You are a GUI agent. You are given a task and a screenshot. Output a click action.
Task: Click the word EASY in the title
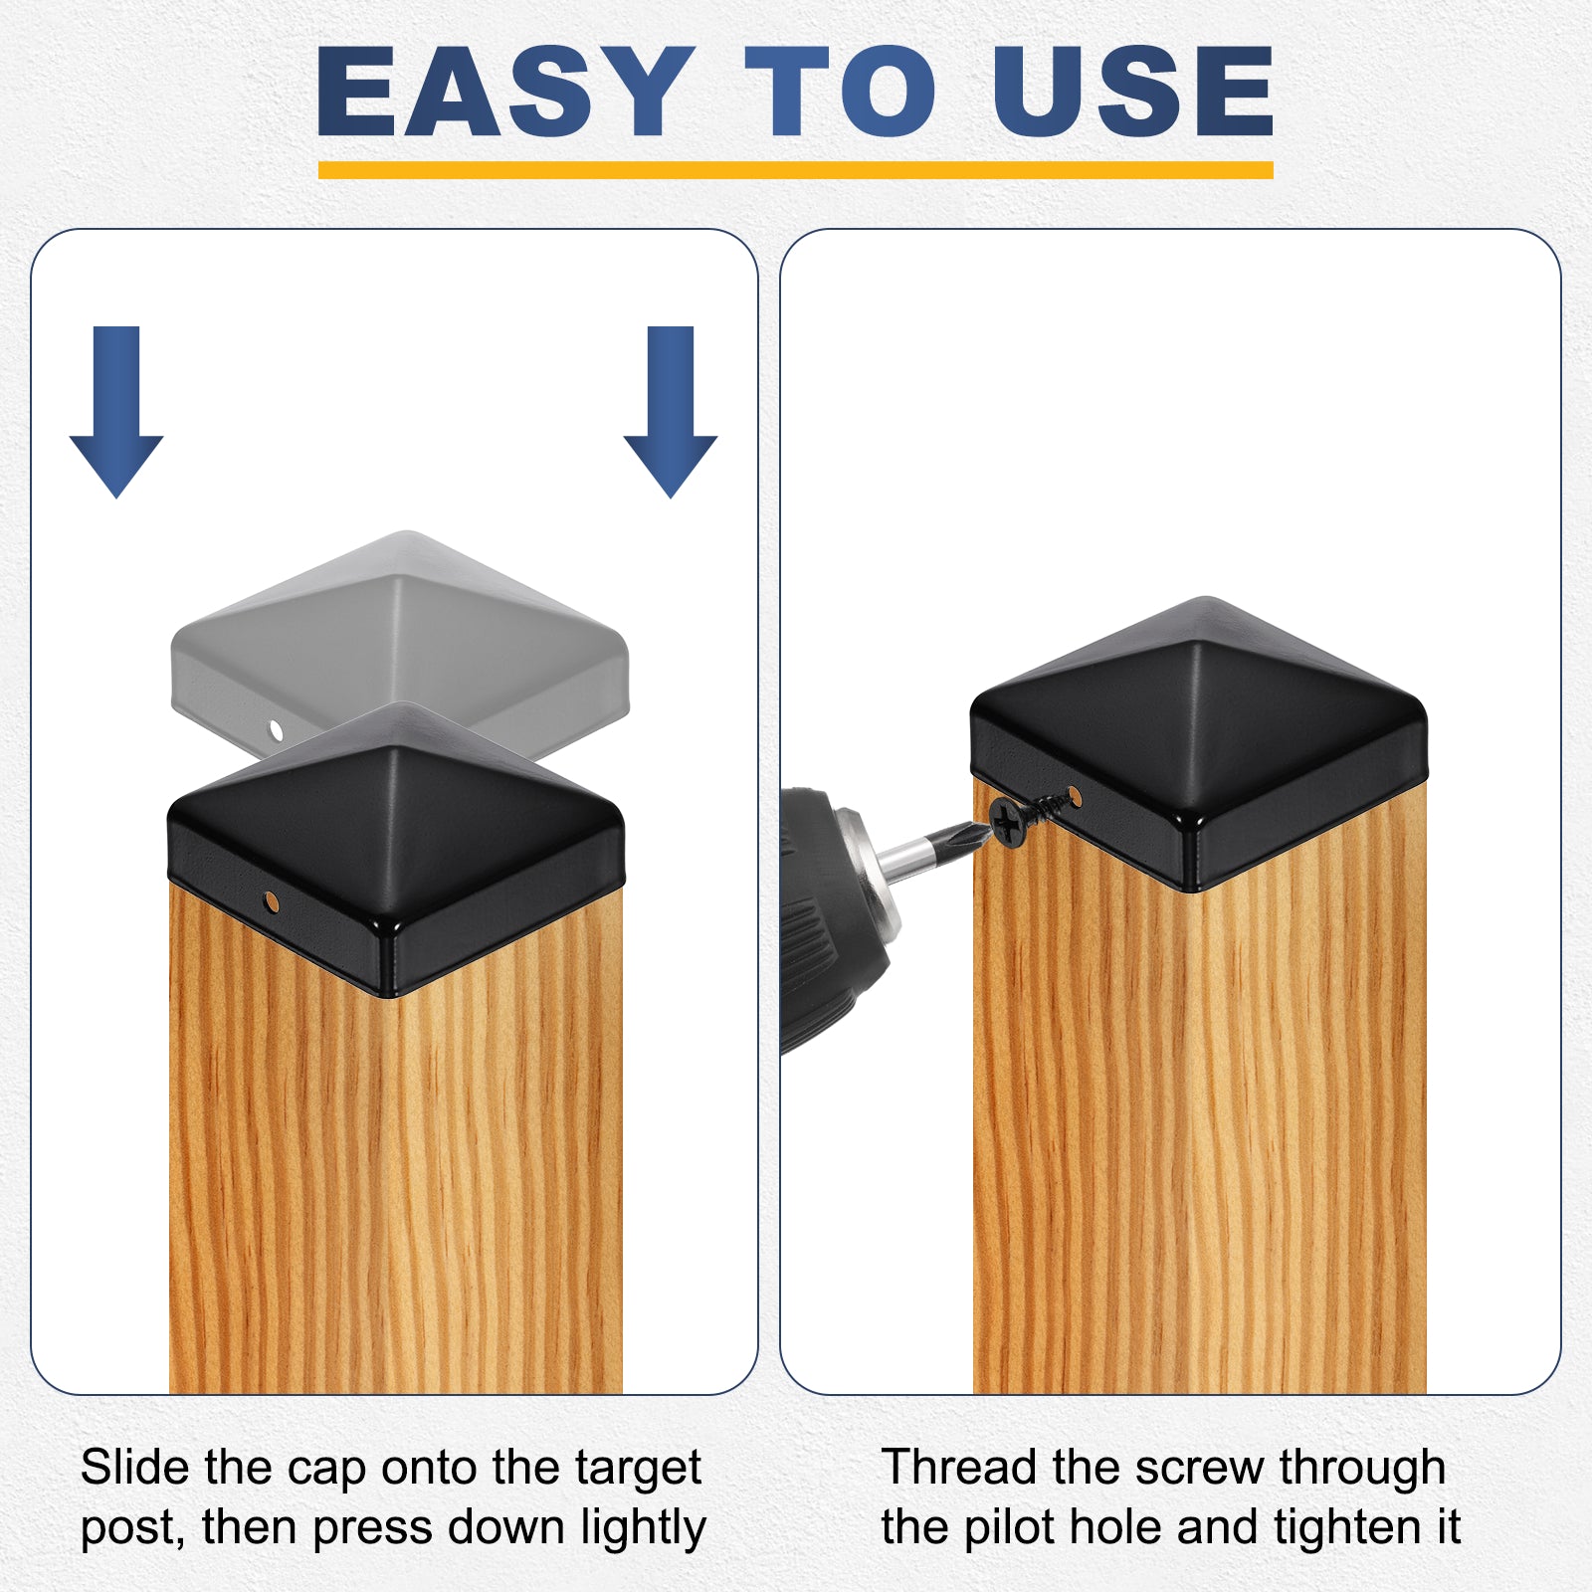(504, 92)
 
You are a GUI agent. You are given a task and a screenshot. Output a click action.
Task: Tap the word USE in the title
(1133, 92)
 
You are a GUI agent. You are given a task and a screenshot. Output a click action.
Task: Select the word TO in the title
(841, 92)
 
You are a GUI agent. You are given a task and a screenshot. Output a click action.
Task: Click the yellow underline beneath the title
(795, 170)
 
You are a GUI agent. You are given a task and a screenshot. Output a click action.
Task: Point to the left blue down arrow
(116, 411)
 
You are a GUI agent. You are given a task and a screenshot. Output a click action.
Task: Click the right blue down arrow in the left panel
(671, 411)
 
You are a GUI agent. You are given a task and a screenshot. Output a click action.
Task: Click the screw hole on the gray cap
(277, 732)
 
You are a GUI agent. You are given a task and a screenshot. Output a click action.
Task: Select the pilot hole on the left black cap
(270, 901)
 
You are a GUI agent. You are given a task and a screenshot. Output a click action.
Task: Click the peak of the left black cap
(396, 749)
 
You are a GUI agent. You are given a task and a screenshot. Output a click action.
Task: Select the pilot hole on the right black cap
(1074, 796)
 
